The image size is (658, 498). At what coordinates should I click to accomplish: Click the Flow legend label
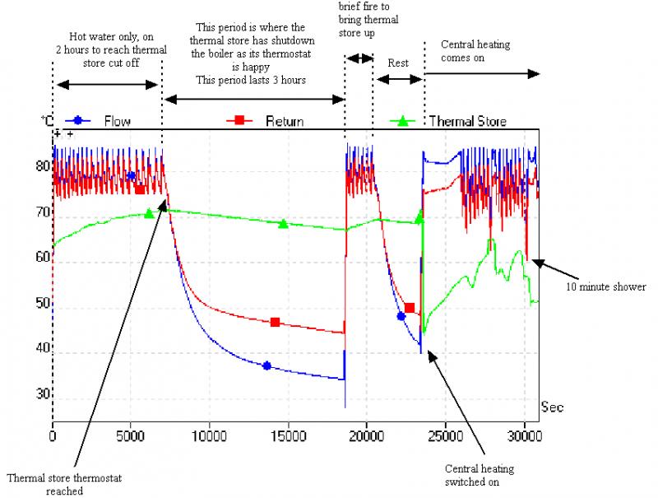point(117,121)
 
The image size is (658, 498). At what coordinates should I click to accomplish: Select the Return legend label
point(284,121)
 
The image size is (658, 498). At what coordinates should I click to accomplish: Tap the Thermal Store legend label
point(467,121)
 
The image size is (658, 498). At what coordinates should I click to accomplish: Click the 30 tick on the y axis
point(41,394)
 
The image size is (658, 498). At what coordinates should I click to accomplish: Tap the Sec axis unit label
point(552,407)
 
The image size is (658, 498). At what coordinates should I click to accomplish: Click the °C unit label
point(45,121)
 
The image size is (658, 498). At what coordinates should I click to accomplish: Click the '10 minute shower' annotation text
point(605,286)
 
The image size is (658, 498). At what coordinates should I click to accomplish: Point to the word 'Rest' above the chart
point(397,62)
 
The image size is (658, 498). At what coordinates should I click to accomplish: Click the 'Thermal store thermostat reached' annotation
point(54,484)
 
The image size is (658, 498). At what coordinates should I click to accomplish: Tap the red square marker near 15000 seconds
point(275,322)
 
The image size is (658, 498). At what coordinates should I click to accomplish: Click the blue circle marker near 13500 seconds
point(266,365)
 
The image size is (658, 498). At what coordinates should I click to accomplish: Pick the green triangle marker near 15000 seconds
point(283,223)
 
